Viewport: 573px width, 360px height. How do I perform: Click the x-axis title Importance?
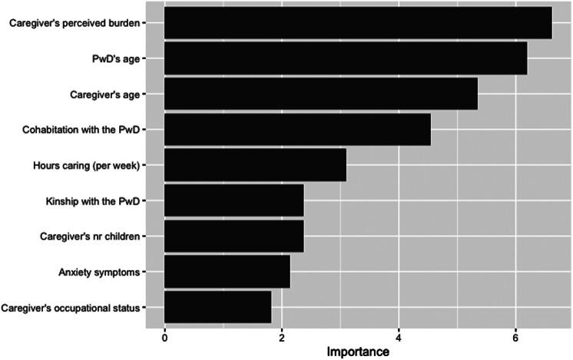[x=359, y=351]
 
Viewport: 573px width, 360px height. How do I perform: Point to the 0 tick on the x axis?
[x=164, y=335]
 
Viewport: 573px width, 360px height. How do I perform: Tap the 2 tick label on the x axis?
[x=282, y=335]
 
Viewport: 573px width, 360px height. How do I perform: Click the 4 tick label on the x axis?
[x=399, y=335]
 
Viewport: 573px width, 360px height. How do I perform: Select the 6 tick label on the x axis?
[x=516, y=335]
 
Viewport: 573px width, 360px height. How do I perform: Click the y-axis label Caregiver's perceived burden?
[x=74, y=23]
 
